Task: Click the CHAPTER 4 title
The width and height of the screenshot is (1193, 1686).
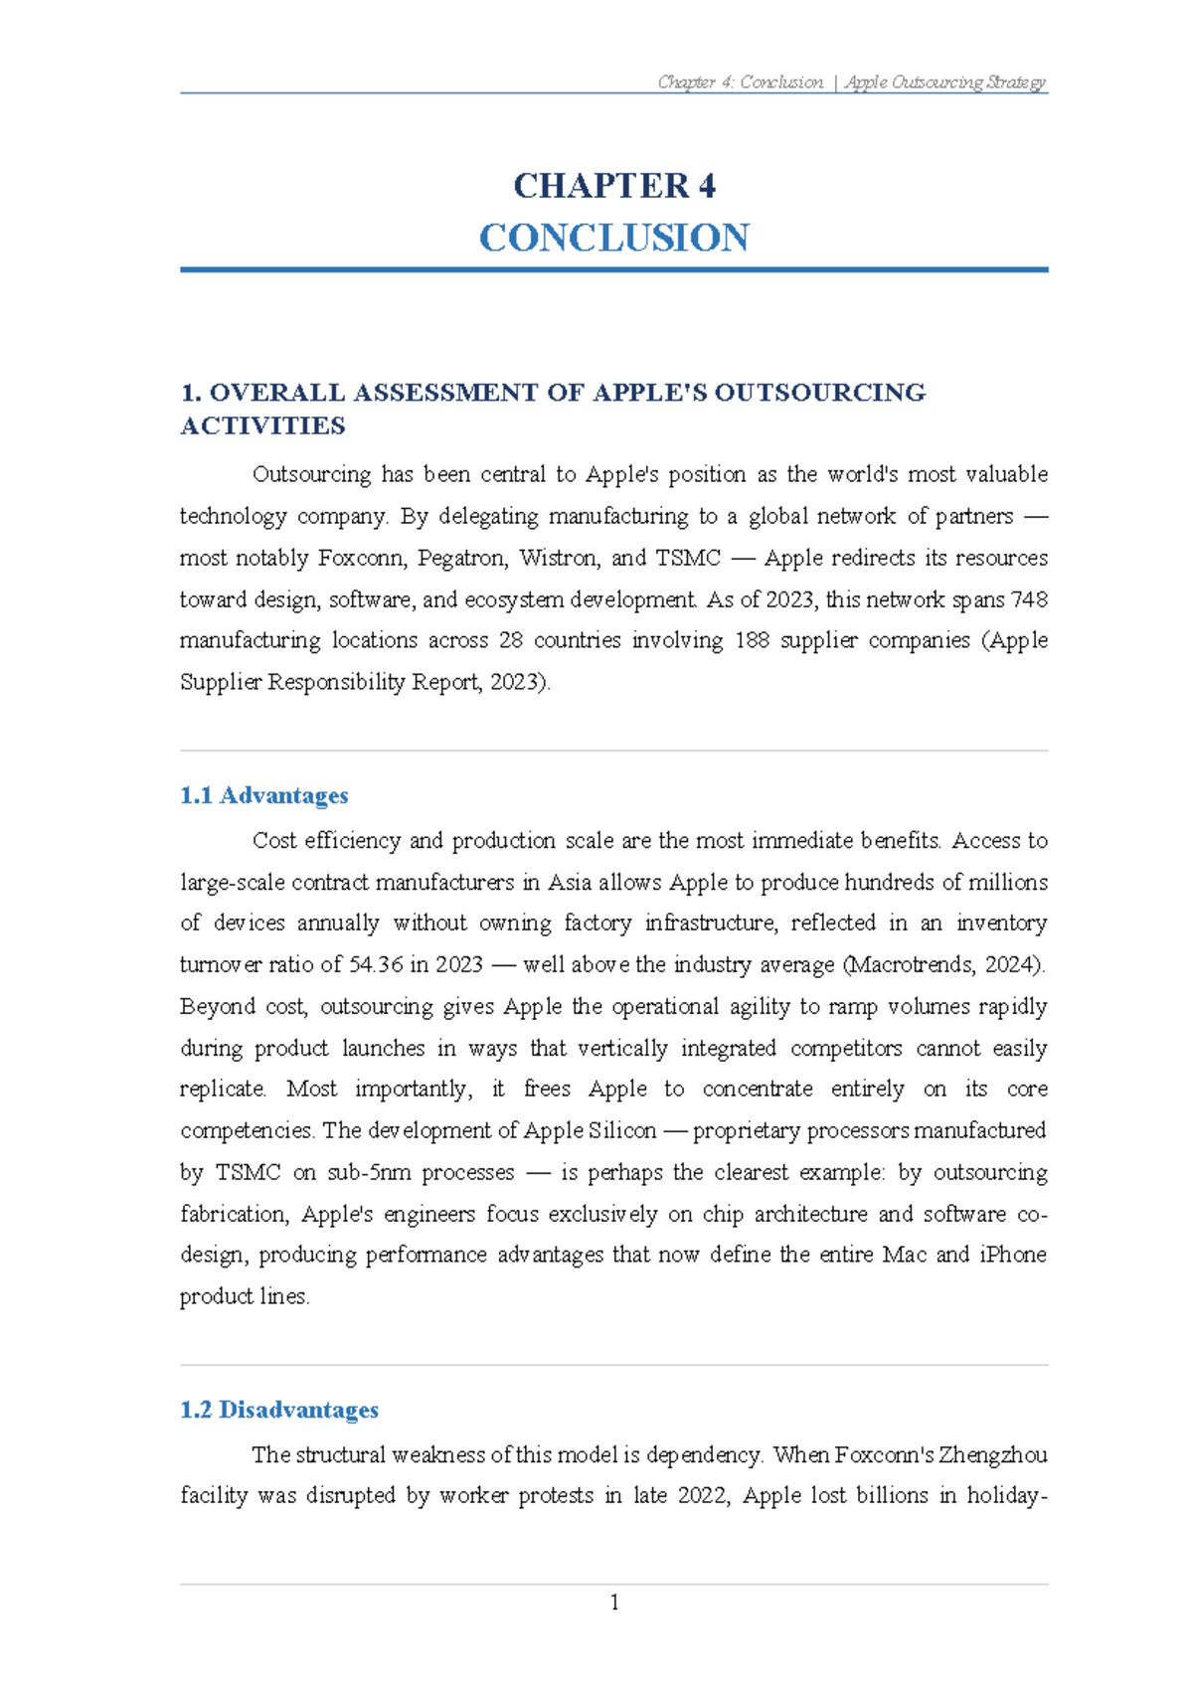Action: [613, 186]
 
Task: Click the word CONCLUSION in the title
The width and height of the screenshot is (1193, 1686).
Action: [613, 238]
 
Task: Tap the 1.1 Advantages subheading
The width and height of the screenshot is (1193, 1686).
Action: [263, 795]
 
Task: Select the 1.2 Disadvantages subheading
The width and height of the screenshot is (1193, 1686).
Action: [279, 1410]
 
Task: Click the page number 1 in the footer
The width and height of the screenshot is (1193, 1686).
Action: [614, 1602]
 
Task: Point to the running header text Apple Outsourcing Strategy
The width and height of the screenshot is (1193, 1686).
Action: [945, 83]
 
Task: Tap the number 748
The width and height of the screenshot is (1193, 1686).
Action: [1029, 599]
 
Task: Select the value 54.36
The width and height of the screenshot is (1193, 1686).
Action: [376, 964]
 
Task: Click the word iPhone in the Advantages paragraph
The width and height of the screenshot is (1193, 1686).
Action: [1013, 1255]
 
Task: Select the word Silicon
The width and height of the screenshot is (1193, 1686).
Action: [622, 1130]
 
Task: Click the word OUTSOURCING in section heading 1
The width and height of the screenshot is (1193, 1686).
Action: [819, 393]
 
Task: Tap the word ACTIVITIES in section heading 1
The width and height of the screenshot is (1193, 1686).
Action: [262, 426]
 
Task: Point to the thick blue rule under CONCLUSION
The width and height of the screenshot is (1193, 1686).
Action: [613, 269]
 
